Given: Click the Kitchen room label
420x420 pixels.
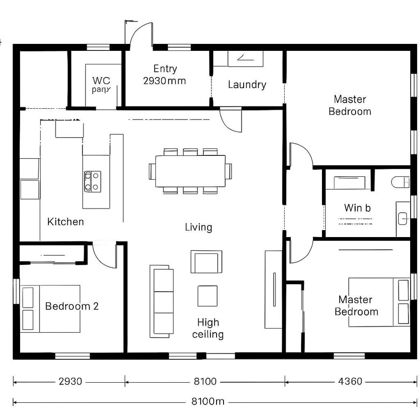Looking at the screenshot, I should point(66,222).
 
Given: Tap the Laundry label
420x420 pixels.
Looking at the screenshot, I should point(247,84).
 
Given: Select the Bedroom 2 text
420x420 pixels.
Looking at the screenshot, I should point(72,307).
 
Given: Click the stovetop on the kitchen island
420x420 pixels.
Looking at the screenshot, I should point(92,181).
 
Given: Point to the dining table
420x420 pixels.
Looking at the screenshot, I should point(190,171).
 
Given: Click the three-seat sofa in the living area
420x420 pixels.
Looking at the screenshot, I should point(161,301).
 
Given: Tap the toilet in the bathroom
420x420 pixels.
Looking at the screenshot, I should point(401,182).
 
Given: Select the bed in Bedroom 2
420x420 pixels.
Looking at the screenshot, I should point(51,308).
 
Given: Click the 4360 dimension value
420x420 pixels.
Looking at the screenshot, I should point(350,382).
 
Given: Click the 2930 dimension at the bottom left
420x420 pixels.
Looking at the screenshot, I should point(70,382).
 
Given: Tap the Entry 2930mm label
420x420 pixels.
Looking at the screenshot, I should point(164,75).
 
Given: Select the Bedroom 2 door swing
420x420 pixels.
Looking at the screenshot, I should point(105,256).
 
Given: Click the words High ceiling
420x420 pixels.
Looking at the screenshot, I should point(208,328).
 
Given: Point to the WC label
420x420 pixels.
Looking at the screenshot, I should point(101,80).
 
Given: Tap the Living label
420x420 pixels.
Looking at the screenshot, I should point(198,227).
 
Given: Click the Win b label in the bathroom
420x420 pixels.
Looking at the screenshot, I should point(357,208).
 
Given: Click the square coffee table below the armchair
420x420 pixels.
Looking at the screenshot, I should point(207,295).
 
